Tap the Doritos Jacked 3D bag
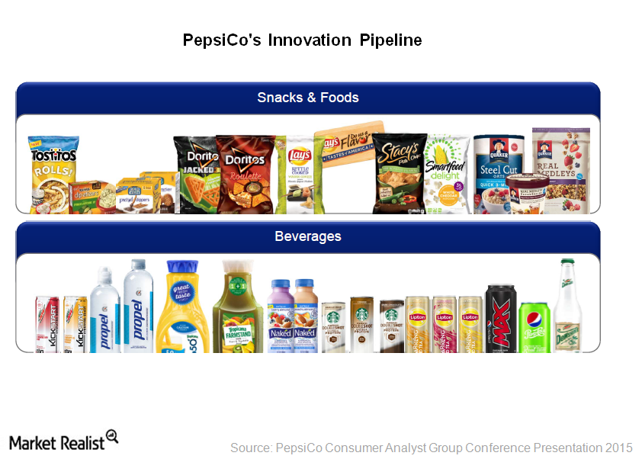pyautogui.click(x=195, y=174)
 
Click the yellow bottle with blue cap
pyautogui.click(x=182, y=308)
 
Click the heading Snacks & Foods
pyautogui.click(x=308, y=98)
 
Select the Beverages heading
pyautogui.click(x=308, y=236)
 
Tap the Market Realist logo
pyautogui.click(x=64, y=441)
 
